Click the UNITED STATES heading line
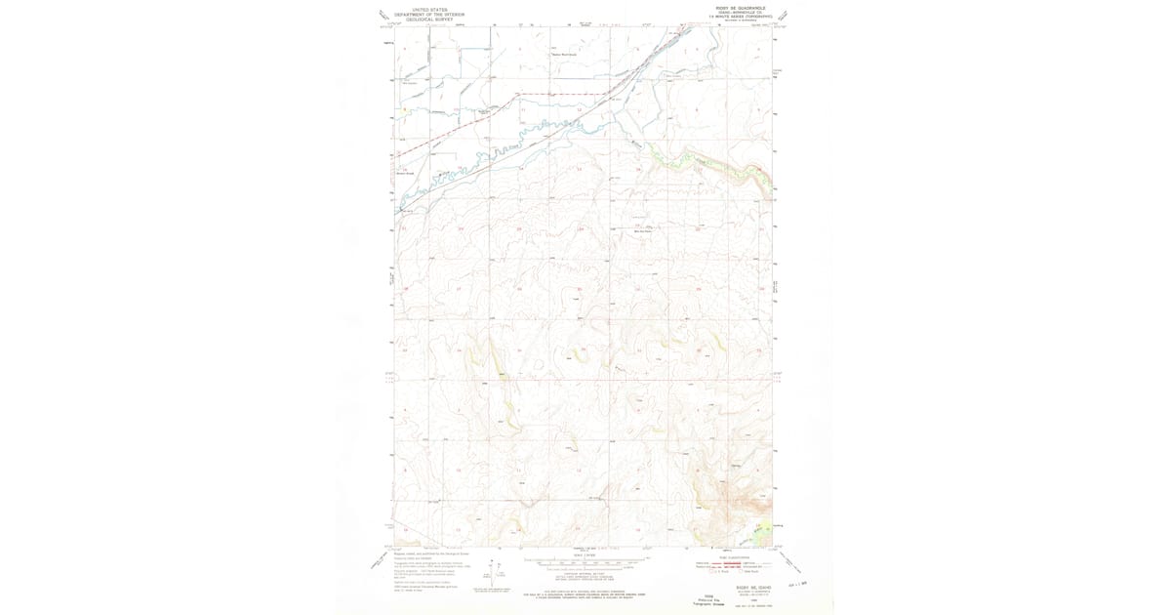pos(429,10)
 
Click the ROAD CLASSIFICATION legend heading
pos(736,557)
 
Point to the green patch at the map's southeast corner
pos(764,533)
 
